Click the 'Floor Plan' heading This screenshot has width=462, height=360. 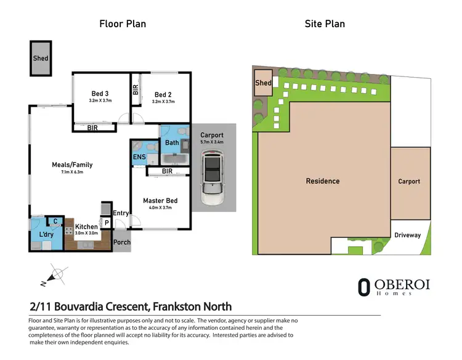pos(123,24)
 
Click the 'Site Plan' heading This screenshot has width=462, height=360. pos(325,24)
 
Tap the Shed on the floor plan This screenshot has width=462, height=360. pos(41,59)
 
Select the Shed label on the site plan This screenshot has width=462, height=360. pos(263,83)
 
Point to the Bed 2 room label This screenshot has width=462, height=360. pos(163,94)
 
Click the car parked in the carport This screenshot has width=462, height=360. pos(212,180)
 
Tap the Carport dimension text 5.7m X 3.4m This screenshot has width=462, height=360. pos(212,142)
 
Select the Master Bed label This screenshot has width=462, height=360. pos(160,200)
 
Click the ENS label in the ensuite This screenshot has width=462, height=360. pos(139,157)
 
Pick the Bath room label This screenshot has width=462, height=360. pos(172,143)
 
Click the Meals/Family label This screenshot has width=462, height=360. pos(72,165)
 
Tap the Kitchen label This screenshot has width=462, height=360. pos(87,226)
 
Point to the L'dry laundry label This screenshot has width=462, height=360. pos(46,235)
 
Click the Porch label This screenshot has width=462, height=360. pos(122,242)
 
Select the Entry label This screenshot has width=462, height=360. pos(121,213)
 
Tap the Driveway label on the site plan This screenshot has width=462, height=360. pos(408,235)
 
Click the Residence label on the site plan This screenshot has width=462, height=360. pos(323,181)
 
